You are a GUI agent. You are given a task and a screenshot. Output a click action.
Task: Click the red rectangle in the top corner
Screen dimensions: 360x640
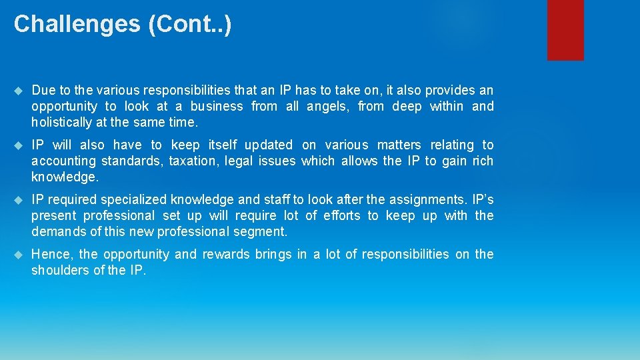[x=565, y=30]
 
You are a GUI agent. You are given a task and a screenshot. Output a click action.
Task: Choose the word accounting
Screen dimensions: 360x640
[x=63, y=161]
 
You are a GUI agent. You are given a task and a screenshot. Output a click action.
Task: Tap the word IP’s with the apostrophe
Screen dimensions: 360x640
[x=483, y=199]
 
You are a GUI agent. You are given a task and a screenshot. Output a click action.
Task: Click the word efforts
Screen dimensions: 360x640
[x=341, y=215]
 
